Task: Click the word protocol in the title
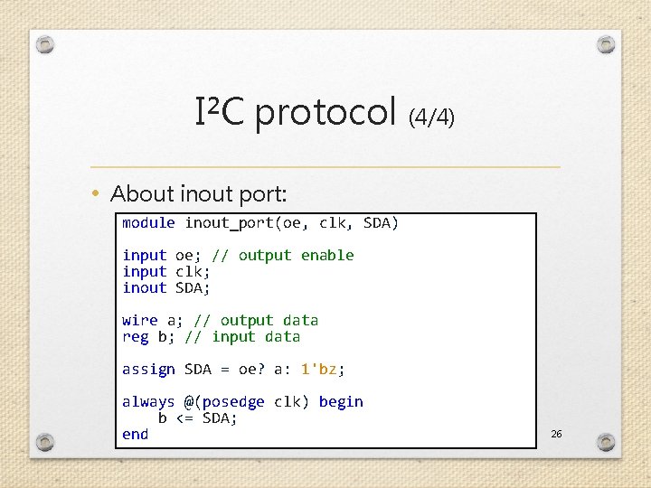coord(326,113)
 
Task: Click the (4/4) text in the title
coord(432,117)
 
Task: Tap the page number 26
coord(556,435)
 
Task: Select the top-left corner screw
coord(46,44)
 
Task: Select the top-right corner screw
coord(606,44)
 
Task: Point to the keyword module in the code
coord(148,222)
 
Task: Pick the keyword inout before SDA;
coord(145,287)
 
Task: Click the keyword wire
coord(140,320)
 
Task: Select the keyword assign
coord(148,369)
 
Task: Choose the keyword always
coord(148,401)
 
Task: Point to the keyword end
coord(136,434)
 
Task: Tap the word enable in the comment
coord(327,255)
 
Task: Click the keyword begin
coord(341,401)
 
